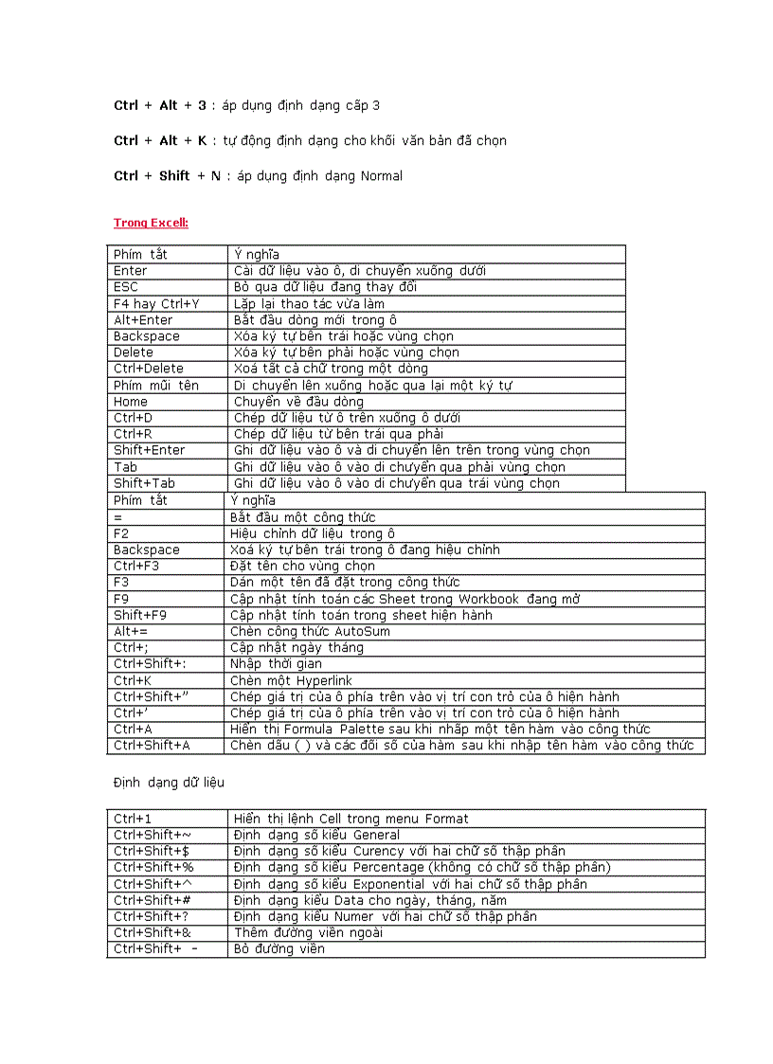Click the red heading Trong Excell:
pyautogui.click(x=151, y=223)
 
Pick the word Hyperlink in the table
pyautogui.click(x=323, y=680)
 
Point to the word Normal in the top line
pyautogui.click(x=382, y=176)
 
